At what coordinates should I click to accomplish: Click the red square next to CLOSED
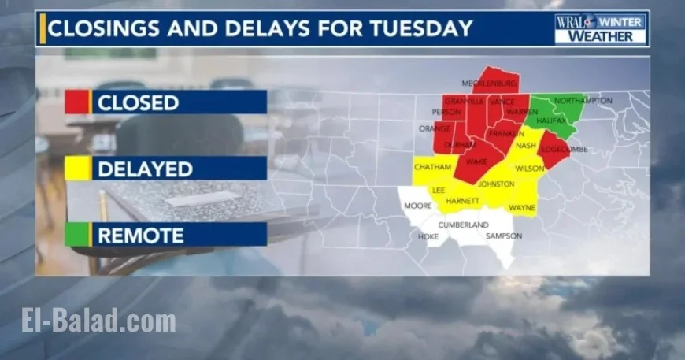77,102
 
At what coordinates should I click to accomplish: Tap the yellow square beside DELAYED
77,169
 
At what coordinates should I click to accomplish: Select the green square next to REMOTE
77,235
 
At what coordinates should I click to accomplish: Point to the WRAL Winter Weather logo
601,28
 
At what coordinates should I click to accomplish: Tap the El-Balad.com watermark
98,321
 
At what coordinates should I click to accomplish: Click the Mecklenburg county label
489,84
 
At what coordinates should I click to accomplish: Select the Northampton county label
583,101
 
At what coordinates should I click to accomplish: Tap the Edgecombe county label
565,149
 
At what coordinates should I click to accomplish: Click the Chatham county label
432,167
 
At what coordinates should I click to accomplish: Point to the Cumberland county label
463,225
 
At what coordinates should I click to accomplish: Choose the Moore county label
417,206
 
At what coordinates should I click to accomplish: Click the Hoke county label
428,236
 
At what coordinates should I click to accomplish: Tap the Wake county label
477,162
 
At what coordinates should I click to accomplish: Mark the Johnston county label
496,184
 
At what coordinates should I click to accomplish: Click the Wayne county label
522,208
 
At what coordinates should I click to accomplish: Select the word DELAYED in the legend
144,169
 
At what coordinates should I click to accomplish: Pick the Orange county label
435,128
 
